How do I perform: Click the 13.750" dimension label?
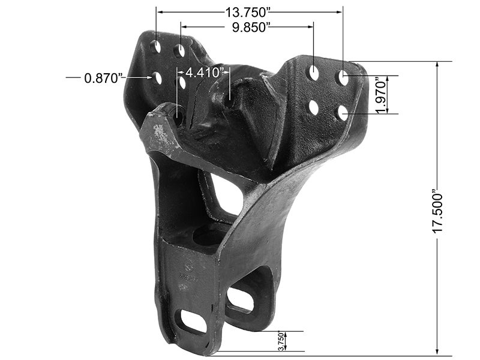tap(249, 11)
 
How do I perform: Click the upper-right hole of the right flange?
tap(343, 77)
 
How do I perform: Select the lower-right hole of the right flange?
tap(343, 112)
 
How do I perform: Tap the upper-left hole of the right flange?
tap(314, 73)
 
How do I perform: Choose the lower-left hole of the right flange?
tap(313, 107)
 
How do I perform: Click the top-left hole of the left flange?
tap(157, 47)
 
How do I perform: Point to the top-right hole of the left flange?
tap(179, 50)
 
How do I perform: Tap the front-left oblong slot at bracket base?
tap(193, 321)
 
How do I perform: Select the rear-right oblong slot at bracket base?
tap(240, 299)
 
